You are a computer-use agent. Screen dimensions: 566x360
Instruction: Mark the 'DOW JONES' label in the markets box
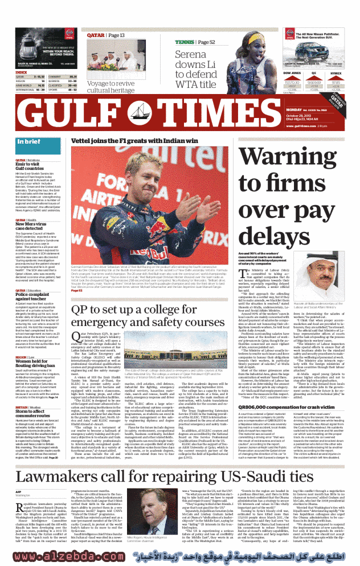[292, 74]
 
